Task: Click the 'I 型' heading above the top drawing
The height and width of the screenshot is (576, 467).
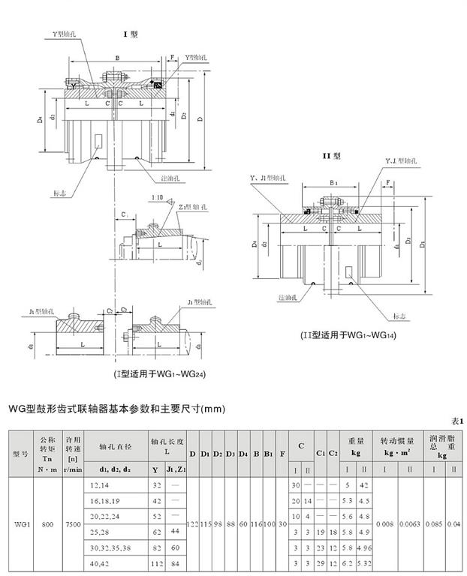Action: [x=130, y=34]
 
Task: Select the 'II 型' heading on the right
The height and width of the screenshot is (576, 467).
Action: [x=332, y=156]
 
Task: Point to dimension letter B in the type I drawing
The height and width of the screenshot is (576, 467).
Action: [x=118, y=58]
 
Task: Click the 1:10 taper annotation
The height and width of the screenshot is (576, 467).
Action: [x=158, y=197]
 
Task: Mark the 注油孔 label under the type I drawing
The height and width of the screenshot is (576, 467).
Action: [x=171, y=178]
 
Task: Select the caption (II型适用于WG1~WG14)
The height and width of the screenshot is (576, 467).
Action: [x=348, y=334]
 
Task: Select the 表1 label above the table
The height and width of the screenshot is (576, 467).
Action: [x=457, y=421]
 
